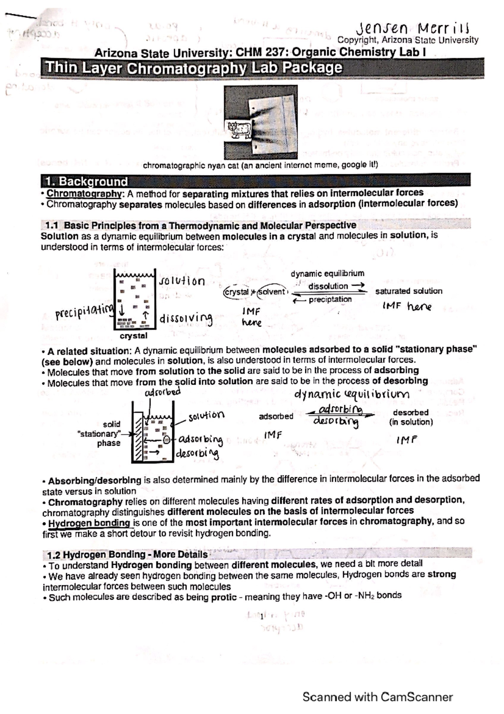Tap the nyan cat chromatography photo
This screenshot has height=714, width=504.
point(260,122)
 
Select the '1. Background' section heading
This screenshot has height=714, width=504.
point(87,182)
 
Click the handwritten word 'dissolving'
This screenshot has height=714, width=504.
point(186,318)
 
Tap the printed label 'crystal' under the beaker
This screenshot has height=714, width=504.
point(134,336)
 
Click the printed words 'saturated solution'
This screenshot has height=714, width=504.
point(408,291)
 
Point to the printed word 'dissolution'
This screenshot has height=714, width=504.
point(328,286)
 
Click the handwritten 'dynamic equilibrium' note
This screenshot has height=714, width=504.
point(351,394)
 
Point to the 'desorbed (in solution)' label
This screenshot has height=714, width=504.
point(410,417)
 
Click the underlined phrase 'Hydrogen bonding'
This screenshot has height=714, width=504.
point(89,523)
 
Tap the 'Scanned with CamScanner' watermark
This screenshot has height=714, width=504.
point(377,697)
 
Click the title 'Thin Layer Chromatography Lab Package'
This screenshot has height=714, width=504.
point(194,68)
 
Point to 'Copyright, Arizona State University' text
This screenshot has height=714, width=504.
point(408,40)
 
